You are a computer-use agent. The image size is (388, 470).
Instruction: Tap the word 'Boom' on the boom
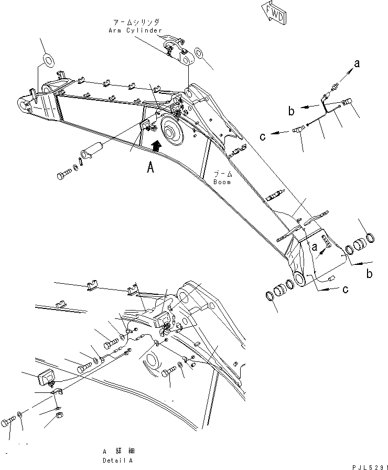pos(222,182)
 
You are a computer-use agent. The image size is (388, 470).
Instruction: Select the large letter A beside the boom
pos(150,168)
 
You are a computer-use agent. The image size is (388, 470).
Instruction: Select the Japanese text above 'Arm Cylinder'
pos(136,23)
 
